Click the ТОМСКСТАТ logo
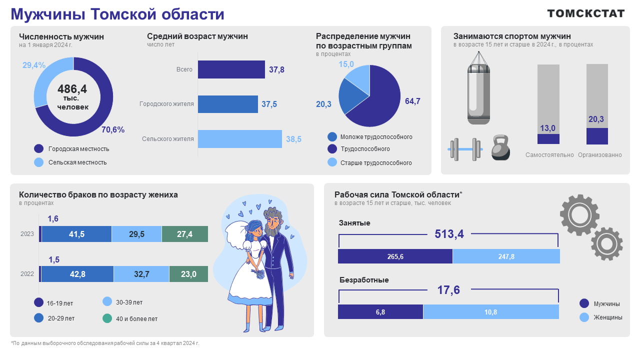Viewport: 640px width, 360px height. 586,13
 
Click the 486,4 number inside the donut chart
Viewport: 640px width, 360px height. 72,89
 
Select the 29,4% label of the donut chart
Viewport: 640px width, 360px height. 34,65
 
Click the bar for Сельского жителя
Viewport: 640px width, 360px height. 239,139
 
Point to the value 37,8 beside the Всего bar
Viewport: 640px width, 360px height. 276,70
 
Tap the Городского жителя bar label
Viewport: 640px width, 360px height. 166,104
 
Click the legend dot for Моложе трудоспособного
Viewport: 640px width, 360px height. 332,137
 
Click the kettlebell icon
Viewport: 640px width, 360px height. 500,148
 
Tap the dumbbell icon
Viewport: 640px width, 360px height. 464,149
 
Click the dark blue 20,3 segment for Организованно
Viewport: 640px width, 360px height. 597,135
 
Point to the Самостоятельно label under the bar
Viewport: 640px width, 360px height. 549,155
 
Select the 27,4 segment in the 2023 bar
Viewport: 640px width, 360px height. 185,234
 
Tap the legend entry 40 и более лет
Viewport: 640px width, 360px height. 136,318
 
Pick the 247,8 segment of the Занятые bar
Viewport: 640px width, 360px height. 506,256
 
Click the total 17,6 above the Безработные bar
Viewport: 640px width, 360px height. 448,290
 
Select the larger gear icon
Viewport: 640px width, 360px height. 579,215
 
